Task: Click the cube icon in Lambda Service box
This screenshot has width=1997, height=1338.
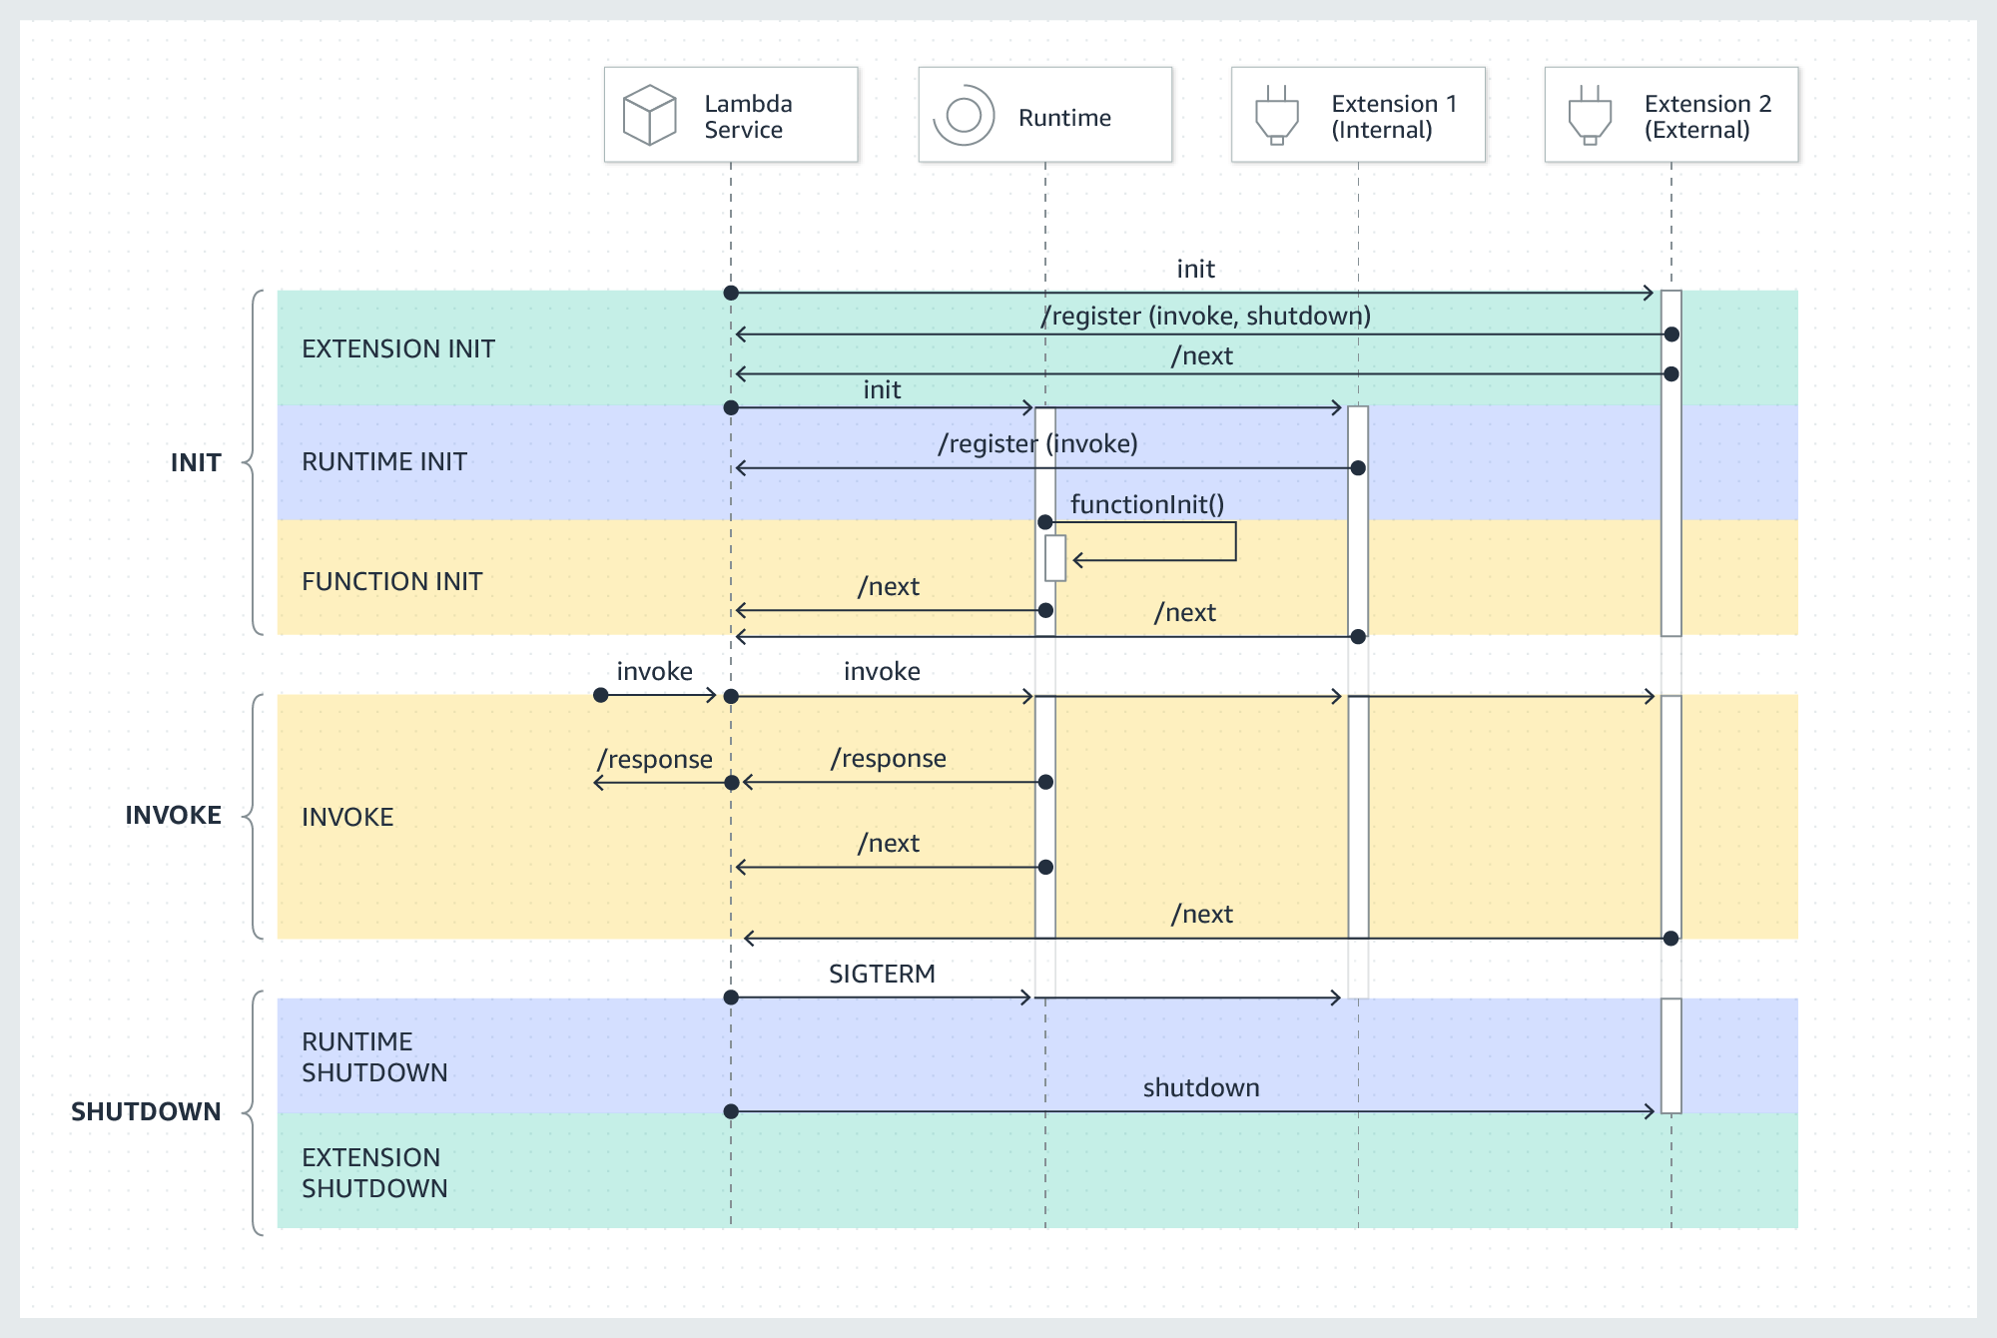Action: [x=649, y=115]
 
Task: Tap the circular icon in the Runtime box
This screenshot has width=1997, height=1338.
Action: [x=964, y=115]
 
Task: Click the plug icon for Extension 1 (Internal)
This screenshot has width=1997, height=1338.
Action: [x=1276, y=115]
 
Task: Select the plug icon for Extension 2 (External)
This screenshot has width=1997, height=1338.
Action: [x=1590, y=115]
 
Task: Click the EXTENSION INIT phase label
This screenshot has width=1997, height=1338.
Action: [x=397, y=348]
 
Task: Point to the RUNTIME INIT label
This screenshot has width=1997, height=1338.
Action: [x=383, y=461]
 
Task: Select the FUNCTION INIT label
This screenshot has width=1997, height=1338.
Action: [x=391, y=581]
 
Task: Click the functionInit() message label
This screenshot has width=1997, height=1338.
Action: [x=1146, y=504]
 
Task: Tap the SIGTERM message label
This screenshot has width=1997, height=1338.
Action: [x=882, y=974]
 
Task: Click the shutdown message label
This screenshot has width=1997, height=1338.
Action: [x=1200, y=1087]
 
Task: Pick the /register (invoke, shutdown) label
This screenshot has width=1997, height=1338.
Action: [x=1205, y=316]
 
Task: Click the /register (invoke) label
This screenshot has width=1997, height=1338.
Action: [x=1037, y=443]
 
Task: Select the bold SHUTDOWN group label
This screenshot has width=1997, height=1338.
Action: [x=146, y=1111]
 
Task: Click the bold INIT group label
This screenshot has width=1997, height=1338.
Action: [x=196, y=462]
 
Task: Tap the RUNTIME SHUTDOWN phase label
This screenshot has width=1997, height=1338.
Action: [x=373, y=1056]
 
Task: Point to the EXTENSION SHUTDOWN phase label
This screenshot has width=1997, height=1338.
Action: [x=373, y=1172]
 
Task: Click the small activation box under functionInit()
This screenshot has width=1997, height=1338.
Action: [x=1055, y=558]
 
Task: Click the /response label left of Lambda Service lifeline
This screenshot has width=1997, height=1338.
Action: [x=654, y=759]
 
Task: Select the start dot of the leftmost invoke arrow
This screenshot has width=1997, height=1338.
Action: [x=600, y=695]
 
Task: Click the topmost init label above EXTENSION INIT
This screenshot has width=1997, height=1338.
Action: [x=1195, y=269]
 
